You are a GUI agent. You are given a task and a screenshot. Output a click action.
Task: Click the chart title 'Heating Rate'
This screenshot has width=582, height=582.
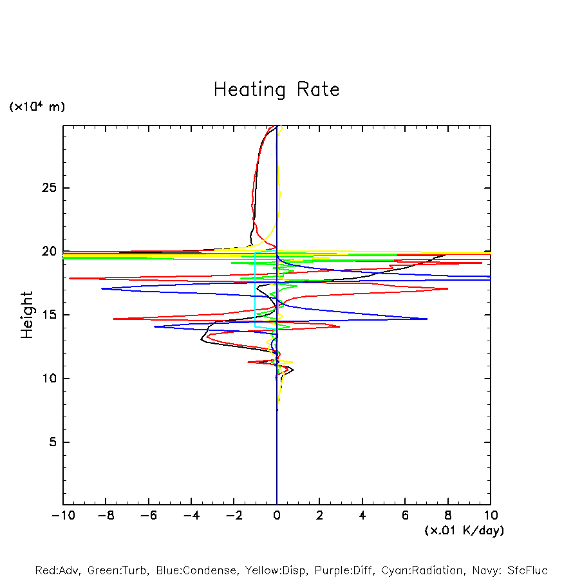pos(276,89)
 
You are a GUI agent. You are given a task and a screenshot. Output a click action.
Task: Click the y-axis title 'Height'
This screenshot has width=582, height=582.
pos(27,315)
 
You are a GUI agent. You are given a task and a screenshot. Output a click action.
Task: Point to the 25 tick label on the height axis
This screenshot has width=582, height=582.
pos(49,188)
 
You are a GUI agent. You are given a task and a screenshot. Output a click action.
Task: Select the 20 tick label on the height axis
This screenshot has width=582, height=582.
pos(49,252)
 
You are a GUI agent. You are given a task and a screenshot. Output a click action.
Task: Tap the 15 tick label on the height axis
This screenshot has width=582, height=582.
pos(49,315)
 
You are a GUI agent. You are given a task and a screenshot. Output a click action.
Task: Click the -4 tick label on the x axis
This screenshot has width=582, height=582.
pos(191,516)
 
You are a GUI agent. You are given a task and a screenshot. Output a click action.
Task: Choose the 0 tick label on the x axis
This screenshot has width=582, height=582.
pos(277,516)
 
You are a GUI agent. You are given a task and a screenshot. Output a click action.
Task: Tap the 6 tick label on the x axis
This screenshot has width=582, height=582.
pos(405,516)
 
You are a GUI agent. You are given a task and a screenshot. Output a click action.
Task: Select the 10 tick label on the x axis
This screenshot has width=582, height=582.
pos(491,516)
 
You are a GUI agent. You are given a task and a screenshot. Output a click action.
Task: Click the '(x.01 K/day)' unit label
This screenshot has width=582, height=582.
pos(464,530)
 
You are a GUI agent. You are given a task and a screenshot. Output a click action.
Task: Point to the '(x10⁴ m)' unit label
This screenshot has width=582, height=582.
pos(37,107)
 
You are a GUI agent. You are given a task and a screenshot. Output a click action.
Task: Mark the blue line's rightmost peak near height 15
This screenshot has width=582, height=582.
pos(427,319)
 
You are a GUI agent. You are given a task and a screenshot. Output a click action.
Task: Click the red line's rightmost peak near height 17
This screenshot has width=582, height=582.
pos(447,289)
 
